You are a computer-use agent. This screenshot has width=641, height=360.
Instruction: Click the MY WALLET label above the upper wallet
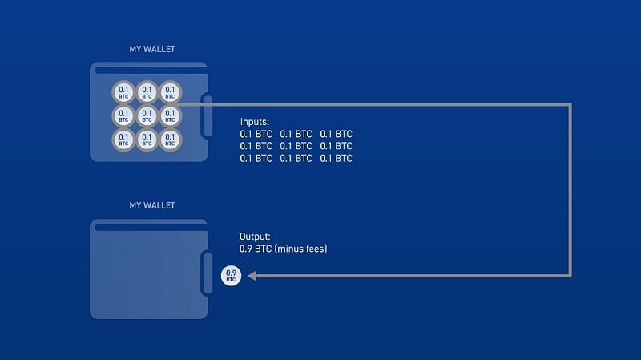152,49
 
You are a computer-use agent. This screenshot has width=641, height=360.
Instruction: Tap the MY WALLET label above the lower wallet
152,205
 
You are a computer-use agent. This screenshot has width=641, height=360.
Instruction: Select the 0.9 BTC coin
232,277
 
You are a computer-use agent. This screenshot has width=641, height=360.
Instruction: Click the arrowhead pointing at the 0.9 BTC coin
251,277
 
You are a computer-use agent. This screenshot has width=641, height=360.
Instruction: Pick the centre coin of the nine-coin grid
147,116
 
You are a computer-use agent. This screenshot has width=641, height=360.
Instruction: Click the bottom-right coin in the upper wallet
169,140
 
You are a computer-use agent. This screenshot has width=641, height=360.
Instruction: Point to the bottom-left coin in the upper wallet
123,140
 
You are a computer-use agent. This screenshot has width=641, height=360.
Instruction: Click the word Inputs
256,122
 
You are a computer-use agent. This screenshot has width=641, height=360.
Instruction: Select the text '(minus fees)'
301,249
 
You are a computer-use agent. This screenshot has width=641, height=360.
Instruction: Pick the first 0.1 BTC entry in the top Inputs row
256,134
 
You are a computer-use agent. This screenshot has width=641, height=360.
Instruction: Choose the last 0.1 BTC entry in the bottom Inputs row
336,158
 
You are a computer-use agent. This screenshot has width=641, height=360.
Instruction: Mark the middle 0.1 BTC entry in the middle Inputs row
296,146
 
